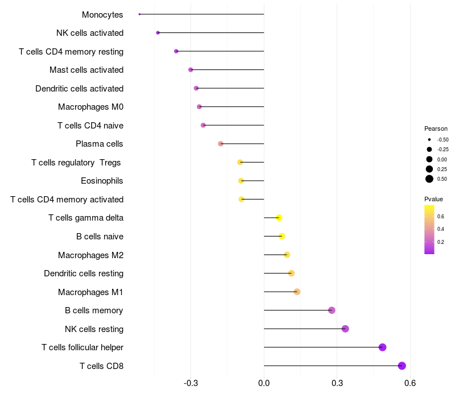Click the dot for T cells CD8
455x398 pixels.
tap(402, 366)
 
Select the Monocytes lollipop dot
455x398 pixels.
tap(139, 14)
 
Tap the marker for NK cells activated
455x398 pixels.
tap(158, 33)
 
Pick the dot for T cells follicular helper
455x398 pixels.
tap(382, 347)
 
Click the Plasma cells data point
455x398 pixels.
tap(221, 144)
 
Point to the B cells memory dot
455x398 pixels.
tap(332, 310)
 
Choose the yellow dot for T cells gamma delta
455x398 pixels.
tap(279, 218)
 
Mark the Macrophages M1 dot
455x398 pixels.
tap(297, 292)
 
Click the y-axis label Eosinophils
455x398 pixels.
tap(102, 181)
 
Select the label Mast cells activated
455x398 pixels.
tap(86, 70)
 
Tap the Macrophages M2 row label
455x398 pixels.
tap(90, 255)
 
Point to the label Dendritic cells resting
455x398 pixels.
tap(84, 273)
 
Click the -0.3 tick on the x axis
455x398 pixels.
tap(191, 384)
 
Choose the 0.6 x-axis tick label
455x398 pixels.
tap(409, 384)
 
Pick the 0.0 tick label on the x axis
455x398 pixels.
tap(264, 384)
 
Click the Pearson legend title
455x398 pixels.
tap(436, 128)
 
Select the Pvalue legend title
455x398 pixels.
tap(433, 199)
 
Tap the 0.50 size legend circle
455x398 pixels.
tap(429, 179)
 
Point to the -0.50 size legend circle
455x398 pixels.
tap(429, 139)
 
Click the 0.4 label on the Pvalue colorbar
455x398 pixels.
tap(441, 229)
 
